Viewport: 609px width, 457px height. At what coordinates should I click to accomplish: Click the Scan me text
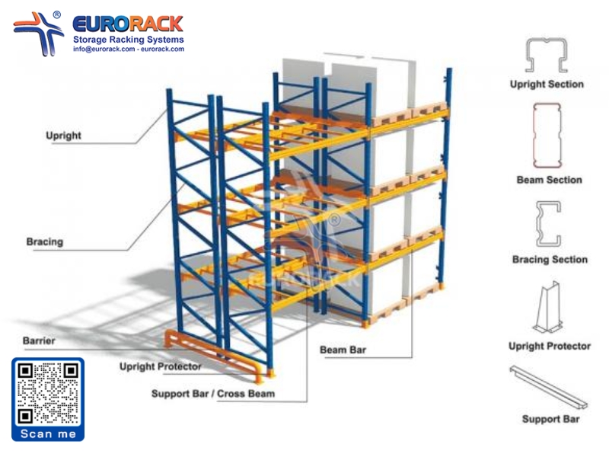48,433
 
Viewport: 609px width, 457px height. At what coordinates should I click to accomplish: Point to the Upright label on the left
63,136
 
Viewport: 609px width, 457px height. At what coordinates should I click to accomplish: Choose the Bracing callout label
45,241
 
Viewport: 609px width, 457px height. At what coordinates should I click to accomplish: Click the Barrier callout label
38,340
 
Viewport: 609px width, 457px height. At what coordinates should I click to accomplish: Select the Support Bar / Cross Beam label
212,394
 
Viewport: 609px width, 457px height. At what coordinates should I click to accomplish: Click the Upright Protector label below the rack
160,366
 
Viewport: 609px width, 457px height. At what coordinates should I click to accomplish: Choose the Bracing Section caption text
549,259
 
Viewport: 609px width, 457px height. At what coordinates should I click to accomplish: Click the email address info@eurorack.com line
129,49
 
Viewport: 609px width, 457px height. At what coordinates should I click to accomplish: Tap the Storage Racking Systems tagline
128,39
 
